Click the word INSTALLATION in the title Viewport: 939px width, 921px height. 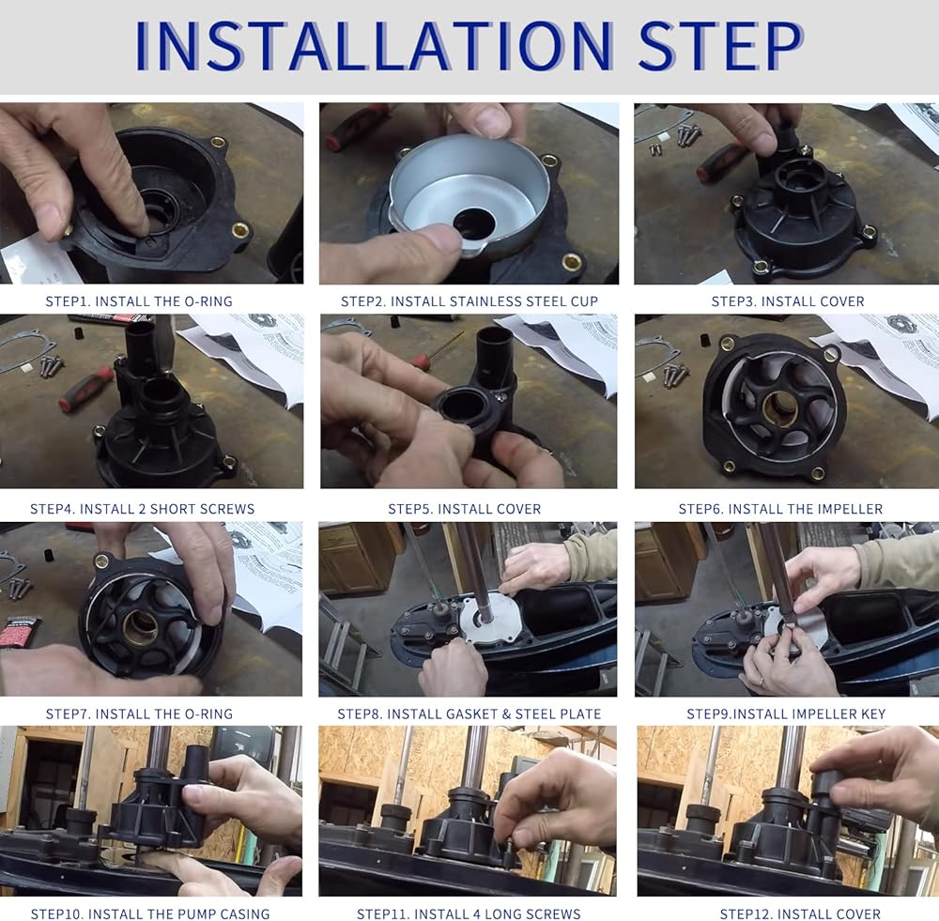(375, 46)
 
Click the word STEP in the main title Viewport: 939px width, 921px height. (720, 46)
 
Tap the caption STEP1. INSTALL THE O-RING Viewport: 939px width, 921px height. (139, 301)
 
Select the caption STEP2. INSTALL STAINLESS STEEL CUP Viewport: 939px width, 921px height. (469, 301)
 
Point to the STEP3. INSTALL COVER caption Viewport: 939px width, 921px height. (788, 301)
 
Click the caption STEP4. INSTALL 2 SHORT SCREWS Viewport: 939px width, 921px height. (143, 509)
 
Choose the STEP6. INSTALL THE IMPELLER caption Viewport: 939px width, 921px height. (781, 509)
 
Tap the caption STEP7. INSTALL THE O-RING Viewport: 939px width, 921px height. (139, 714)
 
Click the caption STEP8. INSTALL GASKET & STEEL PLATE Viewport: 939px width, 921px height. (469, 714)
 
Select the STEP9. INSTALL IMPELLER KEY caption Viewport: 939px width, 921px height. (786, 714)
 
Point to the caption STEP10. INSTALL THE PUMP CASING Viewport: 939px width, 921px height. (150, 913)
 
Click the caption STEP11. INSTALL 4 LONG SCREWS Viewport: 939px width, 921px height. (469, 913)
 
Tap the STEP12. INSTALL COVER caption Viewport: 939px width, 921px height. (800, 913)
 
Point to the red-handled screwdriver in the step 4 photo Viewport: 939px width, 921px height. (86, 389)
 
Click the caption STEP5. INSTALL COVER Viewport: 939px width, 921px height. (465, 509)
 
